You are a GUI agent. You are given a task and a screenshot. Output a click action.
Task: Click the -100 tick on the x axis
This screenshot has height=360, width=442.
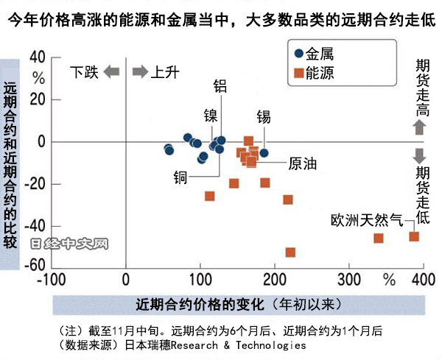tap(52, 280)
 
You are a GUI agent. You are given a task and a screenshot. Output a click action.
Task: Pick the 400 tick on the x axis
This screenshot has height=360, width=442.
tap(423, 280)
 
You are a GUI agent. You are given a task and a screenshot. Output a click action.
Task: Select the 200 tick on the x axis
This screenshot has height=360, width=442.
tap(275, 280)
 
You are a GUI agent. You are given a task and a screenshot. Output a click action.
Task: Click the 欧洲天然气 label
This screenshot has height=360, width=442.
tap(366, 220)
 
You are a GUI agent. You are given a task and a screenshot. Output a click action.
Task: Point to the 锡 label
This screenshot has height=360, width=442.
tap(264, 116)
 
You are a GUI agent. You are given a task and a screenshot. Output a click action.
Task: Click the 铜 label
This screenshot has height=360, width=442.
tap(180, 177)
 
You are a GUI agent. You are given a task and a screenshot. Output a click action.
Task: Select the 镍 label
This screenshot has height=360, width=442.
tap(211, 115)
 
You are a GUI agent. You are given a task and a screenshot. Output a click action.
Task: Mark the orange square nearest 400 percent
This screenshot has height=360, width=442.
tap(414, 236)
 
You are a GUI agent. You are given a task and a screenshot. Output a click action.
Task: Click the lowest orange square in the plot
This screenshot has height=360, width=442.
tap(290, 253)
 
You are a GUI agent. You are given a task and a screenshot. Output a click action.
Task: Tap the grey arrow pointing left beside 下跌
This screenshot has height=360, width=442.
tap(111, 71)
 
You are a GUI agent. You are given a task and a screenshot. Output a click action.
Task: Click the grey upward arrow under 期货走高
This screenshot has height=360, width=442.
tap(418, 127)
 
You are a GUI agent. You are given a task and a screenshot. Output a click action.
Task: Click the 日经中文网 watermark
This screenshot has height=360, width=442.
tap(70, 243)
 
